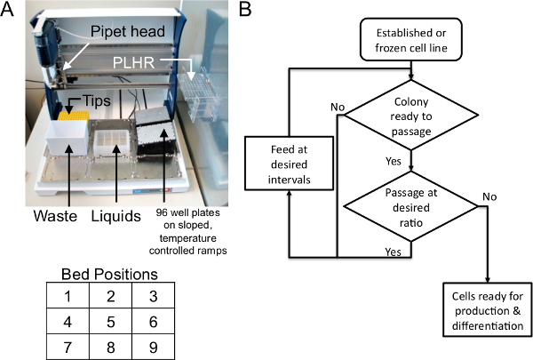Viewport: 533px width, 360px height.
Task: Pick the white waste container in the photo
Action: tap(68, 140)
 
